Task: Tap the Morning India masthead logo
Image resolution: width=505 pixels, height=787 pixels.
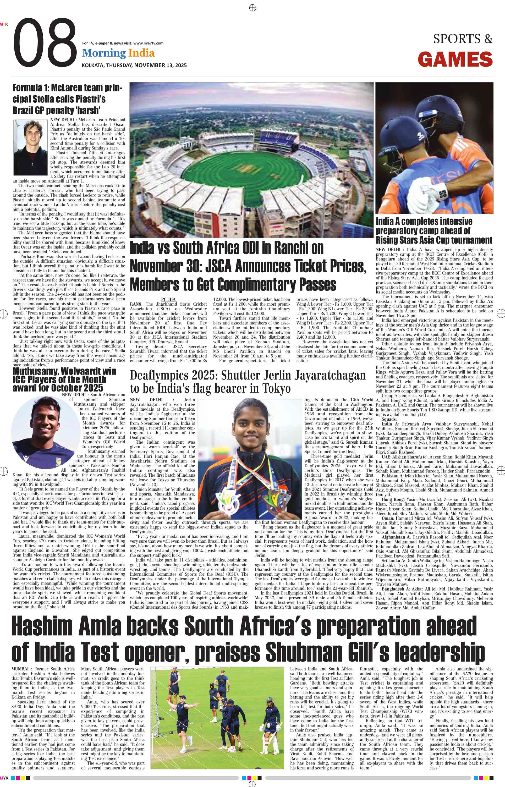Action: [x=118, y=53]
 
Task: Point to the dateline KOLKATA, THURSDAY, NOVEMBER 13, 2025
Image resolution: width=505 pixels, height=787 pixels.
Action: [x=134, y=65]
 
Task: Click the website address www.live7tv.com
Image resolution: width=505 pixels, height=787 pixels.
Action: [x=148, y=43]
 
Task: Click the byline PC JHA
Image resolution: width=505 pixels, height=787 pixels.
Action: [x=169, y=299]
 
